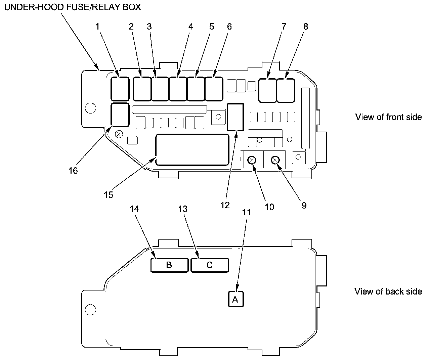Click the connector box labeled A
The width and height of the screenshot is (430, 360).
click(x=235, y=299)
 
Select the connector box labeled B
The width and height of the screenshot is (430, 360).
click(x=169, y=265)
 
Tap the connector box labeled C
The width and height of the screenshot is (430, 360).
click(x=210, y=265)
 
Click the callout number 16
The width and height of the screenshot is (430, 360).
click(x=73, y=171)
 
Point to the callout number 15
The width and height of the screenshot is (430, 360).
click(x=109, y=195)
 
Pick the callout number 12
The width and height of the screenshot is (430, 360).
click(x=225, y=205)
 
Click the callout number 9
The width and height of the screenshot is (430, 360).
click(x=304, y=206)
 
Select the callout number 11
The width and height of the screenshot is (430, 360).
click(x=247, y=212)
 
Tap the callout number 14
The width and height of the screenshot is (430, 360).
click(x=134, y=209)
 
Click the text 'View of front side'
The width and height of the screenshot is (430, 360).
click(x=389, y=117)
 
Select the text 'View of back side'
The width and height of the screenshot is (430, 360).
click(x=388, y=291)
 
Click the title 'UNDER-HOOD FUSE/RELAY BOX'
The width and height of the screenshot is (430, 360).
click(x=73, y=7)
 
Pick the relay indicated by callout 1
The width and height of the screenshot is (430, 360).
click(x=120, y=89)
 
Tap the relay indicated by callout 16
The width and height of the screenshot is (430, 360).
click(x=120, y=115)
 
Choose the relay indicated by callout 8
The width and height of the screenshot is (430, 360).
click(x=286, y=90)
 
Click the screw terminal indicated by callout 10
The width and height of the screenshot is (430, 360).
click(x=252, y=160)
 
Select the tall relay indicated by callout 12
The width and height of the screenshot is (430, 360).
click(x=235, y=117)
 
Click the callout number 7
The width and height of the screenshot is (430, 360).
click(x=284, y=27)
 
